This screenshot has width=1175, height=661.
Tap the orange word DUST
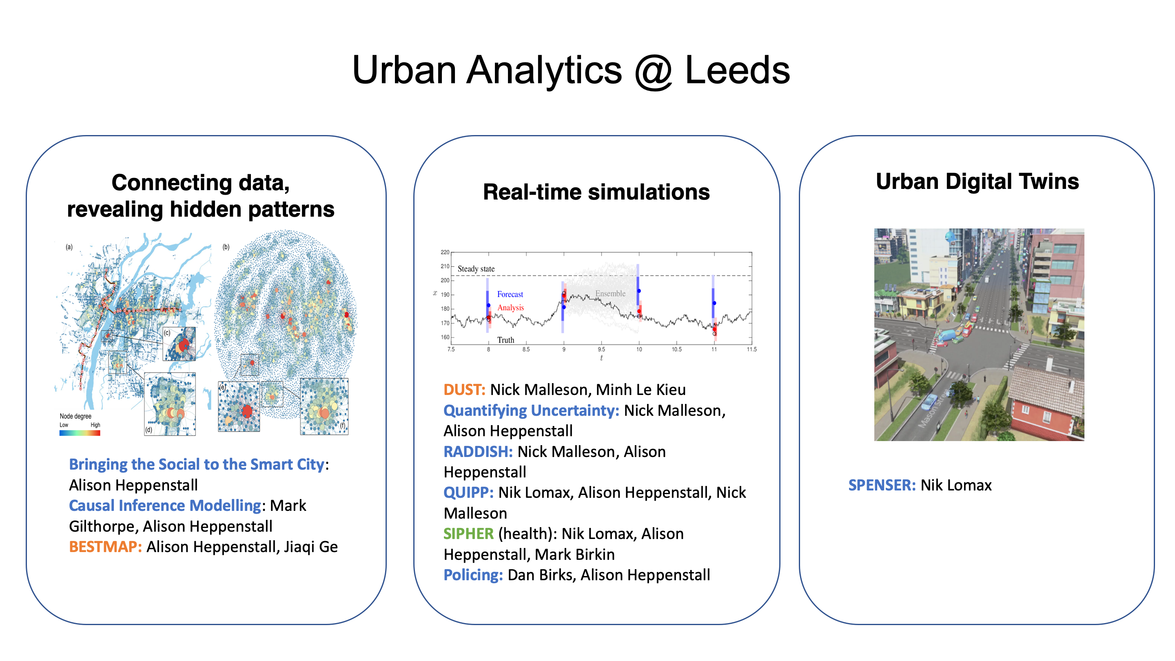pos(464,390)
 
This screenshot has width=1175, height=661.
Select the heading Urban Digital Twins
pos(977,181)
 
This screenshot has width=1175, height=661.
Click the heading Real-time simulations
pos(596,192)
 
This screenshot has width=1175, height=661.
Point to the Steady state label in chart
pos(476,269)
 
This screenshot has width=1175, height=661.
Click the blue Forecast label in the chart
pos(510,294)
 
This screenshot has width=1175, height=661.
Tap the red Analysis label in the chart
pos(510,308)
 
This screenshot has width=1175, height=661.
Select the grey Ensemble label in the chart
pos(610,293)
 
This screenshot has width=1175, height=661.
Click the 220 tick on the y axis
pos(445,252)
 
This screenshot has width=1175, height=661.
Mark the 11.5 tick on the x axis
pos(751,349)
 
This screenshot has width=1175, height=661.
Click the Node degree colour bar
pos(80,433)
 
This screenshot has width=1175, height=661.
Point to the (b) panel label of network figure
pos(226,247)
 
